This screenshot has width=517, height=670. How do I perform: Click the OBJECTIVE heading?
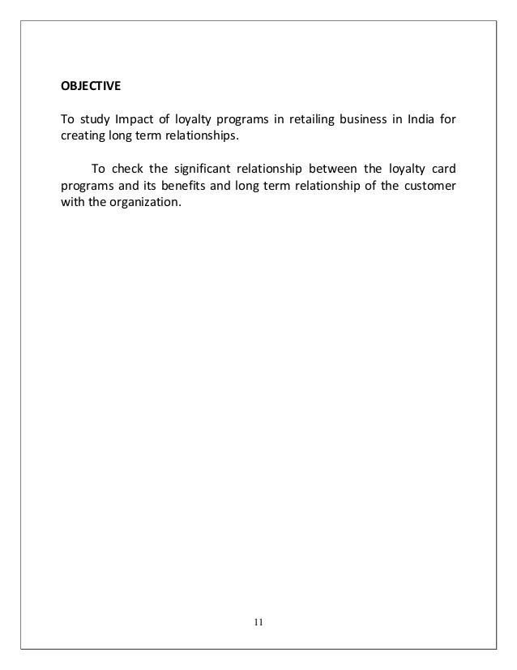tap(90, 84)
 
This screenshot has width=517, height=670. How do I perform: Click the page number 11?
tap(258, 623)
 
